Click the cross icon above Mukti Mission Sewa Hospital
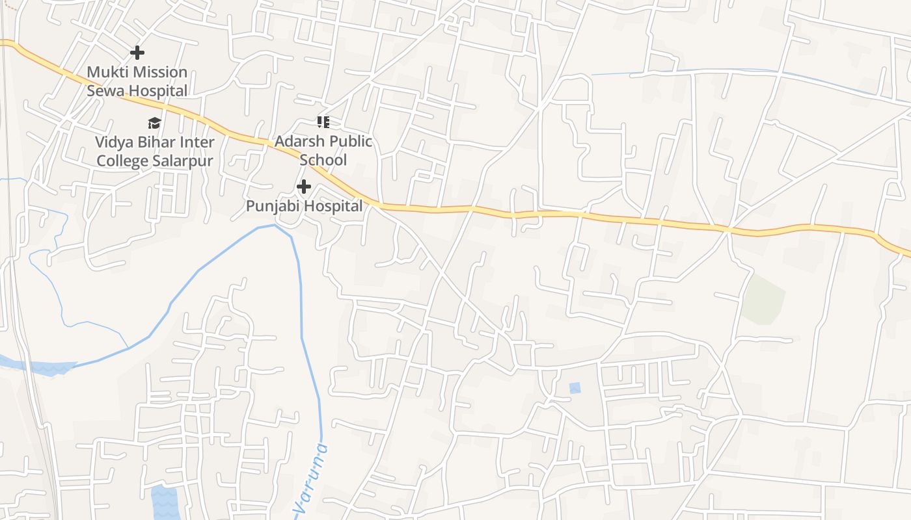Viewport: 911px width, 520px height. (137, 53)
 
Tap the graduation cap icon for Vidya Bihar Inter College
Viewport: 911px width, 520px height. (154, 122)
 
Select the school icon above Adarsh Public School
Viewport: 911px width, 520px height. (323, 122)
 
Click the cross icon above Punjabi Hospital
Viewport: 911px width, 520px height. (303, 187)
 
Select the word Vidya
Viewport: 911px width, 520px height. (113, 142)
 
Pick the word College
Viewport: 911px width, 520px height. (122, 161)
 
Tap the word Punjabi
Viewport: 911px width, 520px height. (273, 206)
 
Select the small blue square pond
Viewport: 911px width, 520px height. (575, 388)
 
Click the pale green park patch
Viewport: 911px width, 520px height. (763, 299)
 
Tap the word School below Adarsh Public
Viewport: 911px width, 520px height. (323, 160)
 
